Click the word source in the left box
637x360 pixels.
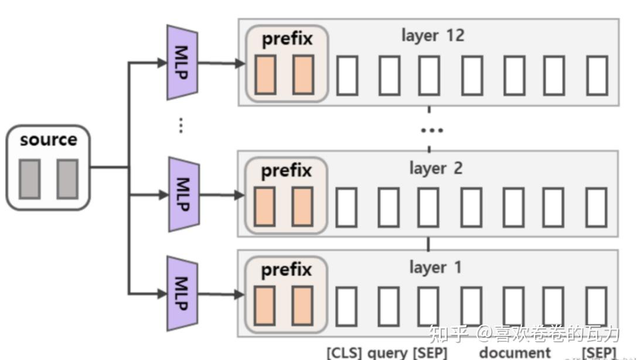click(x=48, y=140)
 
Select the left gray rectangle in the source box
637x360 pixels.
click(x=29, y=179)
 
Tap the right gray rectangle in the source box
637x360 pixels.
click(x=67, y=179)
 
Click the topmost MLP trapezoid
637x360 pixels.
click(x=182, y=62)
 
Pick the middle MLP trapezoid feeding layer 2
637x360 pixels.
click(x=183, y=194)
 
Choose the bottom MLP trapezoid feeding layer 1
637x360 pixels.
click(x=183, y=293)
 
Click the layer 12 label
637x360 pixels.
click(x=432, y=35)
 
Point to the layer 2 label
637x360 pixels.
click(x=435, y=168)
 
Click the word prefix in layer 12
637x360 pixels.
click(x=287, y=39)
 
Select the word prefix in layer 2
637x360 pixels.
click(x=286, y=171)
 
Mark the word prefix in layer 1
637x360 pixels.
click(x=286, y=270)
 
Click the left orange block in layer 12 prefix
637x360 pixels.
click(x=265, y=74)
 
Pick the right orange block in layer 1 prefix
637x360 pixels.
click(x=302, y=305)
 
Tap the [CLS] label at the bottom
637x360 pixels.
click(x=345, y=353)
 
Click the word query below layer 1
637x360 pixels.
click(x=387, y=353)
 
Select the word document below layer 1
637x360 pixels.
click(x=515, y=353)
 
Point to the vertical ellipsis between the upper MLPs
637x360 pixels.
click(x=181, y=125)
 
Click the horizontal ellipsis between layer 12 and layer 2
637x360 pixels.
click(x=432, y=130)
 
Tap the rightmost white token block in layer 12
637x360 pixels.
click(x=597, y=75)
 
